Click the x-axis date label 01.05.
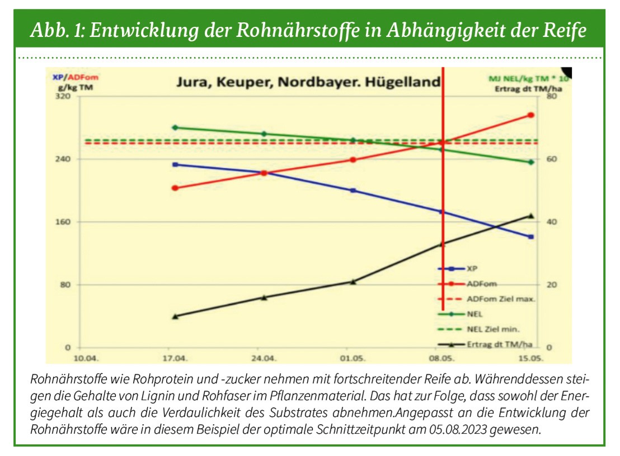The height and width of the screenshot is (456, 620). (x=353, y=357)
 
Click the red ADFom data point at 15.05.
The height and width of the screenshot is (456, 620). (x=531, y=115)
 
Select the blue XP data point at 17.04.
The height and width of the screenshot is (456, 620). (x=175, y=164)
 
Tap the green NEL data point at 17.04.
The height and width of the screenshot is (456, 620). (x=175, y=127)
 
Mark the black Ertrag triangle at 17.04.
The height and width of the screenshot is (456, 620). (x=175, y=316)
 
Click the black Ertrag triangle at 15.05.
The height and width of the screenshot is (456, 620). (x=531, y=216)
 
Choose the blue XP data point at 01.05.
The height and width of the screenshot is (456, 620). (x=353, y=191)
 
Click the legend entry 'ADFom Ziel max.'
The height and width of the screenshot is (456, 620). (x=501, y=299)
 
